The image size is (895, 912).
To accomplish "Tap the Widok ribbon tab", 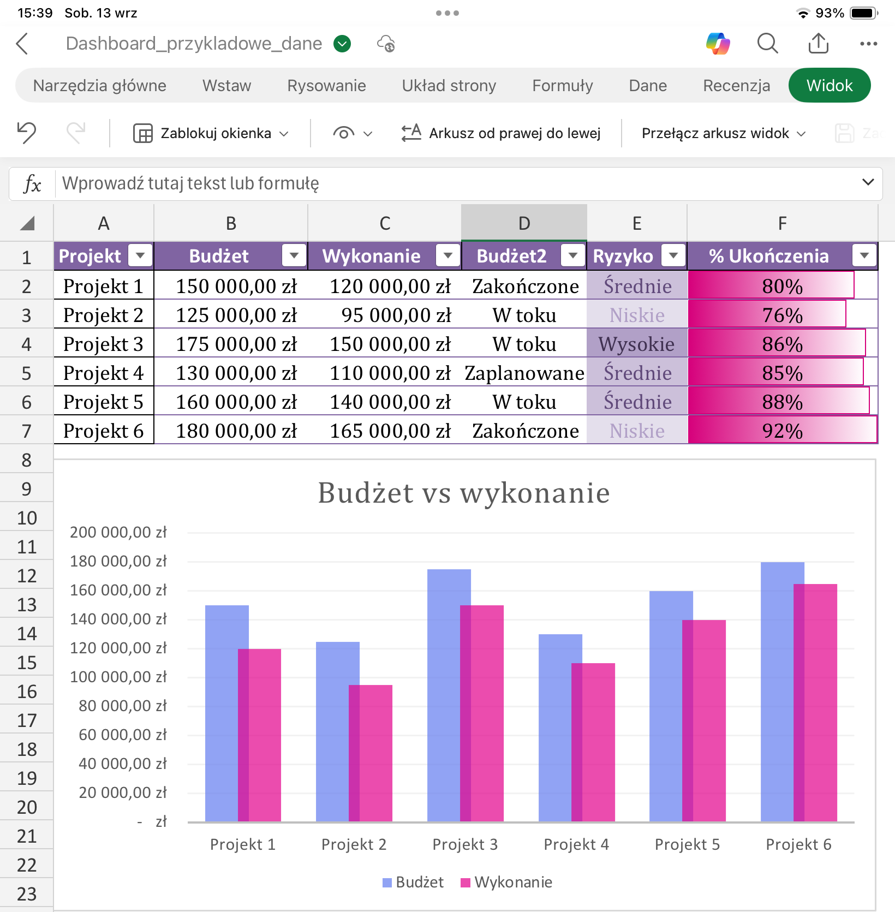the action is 829,86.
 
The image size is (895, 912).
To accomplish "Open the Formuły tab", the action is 562,86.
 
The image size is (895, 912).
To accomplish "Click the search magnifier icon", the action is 767,44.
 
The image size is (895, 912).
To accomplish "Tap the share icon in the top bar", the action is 818,43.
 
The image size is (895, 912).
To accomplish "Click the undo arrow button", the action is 26,133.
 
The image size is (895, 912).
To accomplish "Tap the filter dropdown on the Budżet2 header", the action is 573,255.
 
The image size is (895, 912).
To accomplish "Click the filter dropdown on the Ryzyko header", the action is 673,255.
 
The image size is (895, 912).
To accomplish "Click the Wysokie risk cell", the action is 637,344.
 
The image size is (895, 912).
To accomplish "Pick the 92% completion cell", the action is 783,431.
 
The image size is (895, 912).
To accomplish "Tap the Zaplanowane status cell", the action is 524,373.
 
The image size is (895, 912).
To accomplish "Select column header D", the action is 524,223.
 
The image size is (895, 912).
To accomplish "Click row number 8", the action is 26,460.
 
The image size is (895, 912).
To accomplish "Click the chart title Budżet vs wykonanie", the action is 464,493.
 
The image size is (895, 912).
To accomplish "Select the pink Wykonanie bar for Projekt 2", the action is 371,753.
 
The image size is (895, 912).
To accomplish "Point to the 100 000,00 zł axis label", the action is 118,677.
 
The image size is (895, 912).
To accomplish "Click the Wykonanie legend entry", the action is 506,882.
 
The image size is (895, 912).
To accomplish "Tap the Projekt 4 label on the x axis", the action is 576,844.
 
